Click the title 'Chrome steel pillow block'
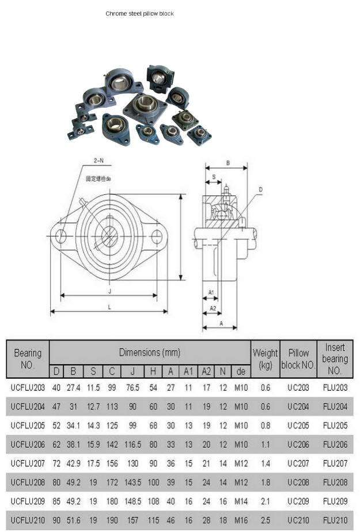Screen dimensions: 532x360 (139, 13)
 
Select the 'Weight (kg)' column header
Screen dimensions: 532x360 (265, 359)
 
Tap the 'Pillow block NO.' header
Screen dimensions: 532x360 (298, 359)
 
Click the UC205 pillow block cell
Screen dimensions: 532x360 (298, 426)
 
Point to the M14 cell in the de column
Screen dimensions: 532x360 (241, 501)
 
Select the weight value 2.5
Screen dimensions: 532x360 (265, 520)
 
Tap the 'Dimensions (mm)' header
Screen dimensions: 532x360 (149, 352)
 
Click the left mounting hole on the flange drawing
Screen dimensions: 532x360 (60, 235)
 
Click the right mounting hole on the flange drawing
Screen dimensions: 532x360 (156, 235)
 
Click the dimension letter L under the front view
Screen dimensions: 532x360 (109, 307)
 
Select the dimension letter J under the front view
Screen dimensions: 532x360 (109, 292)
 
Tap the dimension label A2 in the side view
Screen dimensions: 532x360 (212, 308)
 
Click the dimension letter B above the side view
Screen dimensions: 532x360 (228, 163)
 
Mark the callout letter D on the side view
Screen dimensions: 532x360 (260, 189)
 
